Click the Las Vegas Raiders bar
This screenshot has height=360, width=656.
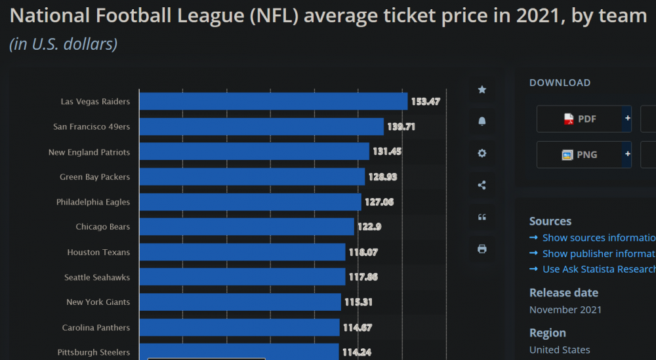click(273, 102)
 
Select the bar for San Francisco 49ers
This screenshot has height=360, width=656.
click(261, 127)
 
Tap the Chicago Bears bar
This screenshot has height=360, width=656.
click(247, 227)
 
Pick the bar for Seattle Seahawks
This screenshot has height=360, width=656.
click(242, 277)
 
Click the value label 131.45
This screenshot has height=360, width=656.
click(387, 151)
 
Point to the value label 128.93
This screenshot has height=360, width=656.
click(382, 177)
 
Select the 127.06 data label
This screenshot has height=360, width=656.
click(379, 202)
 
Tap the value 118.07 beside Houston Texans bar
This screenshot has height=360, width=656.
click(363, 252)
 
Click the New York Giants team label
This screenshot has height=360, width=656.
click(98, 302)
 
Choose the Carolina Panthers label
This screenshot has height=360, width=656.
click(96, 328)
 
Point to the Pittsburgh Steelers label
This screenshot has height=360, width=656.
click(93, 353)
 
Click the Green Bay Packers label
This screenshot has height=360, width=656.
click(94, 177)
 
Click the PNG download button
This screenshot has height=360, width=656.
click(580, 155)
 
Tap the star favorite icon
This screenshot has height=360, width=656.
click(482, 90)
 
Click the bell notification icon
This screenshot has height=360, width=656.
click(482, 121)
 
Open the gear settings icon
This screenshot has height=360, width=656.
click(482, 153)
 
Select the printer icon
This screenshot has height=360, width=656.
click(482, 249)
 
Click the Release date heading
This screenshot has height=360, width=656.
click(564, 292)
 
